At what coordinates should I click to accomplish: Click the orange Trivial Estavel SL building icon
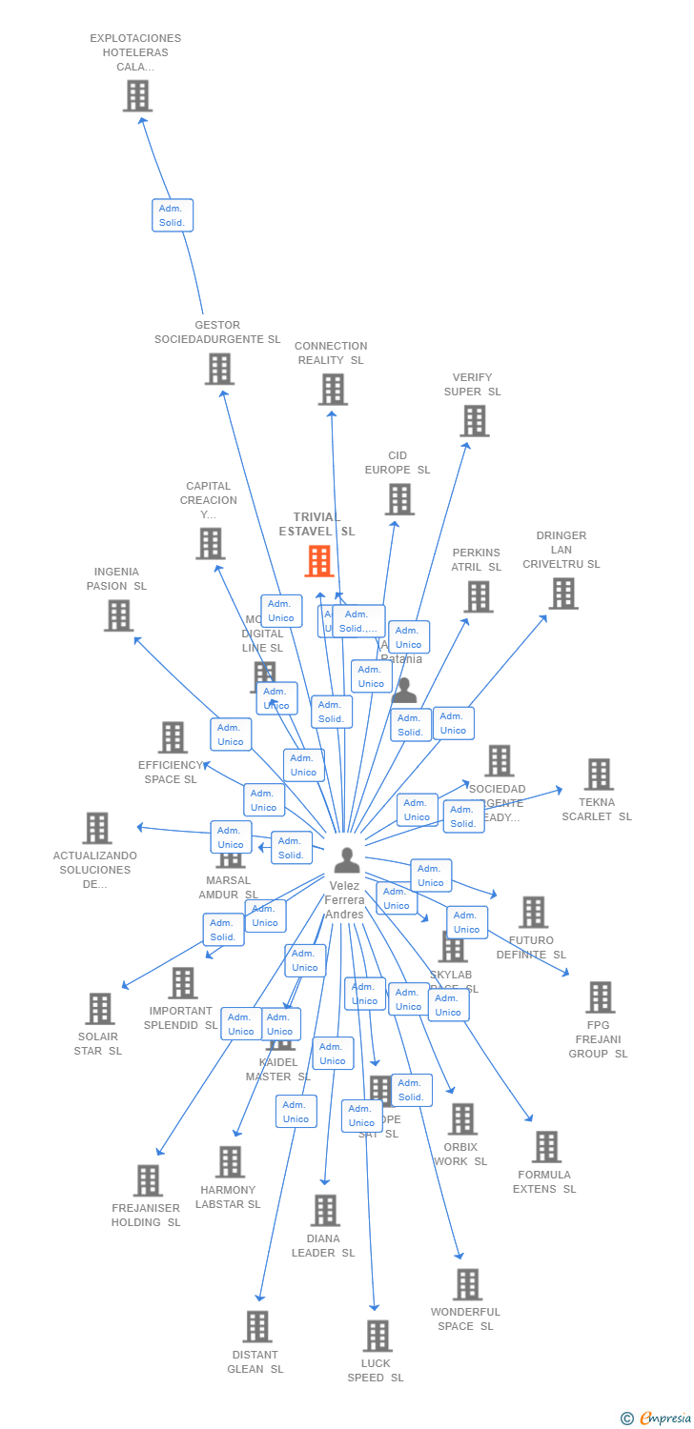[319, 561]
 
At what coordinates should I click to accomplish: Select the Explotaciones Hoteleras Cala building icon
[137, 96]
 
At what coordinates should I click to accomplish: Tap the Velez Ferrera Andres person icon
[347, 860]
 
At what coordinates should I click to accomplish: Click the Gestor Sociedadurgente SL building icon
[219, 369]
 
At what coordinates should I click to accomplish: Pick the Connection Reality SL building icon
[333, 389]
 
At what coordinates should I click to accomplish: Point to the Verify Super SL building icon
[474, 420]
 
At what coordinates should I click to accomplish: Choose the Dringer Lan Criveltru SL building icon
[562, 594]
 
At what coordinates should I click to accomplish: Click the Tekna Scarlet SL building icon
[598, 775]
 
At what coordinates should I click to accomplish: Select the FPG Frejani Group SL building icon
[600, 997]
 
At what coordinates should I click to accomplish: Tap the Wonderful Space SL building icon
[467, 1284]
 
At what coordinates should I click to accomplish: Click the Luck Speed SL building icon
[377, 1336]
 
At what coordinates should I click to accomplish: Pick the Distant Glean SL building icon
[256, 1326]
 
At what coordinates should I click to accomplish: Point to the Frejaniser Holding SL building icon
[148, 1180]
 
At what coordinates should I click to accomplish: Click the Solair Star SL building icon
[99, 1009]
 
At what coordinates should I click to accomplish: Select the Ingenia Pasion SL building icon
[118, 615]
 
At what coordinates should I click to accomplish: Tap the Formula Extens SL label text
[544, 1182]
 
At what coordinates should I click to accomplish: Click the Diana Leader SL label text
[323, 1246]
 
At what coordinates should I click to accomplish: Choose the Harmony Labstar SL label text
[228, 1198]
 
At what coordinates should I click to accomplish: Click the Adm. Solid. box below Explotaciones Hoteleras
[173, 215]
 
